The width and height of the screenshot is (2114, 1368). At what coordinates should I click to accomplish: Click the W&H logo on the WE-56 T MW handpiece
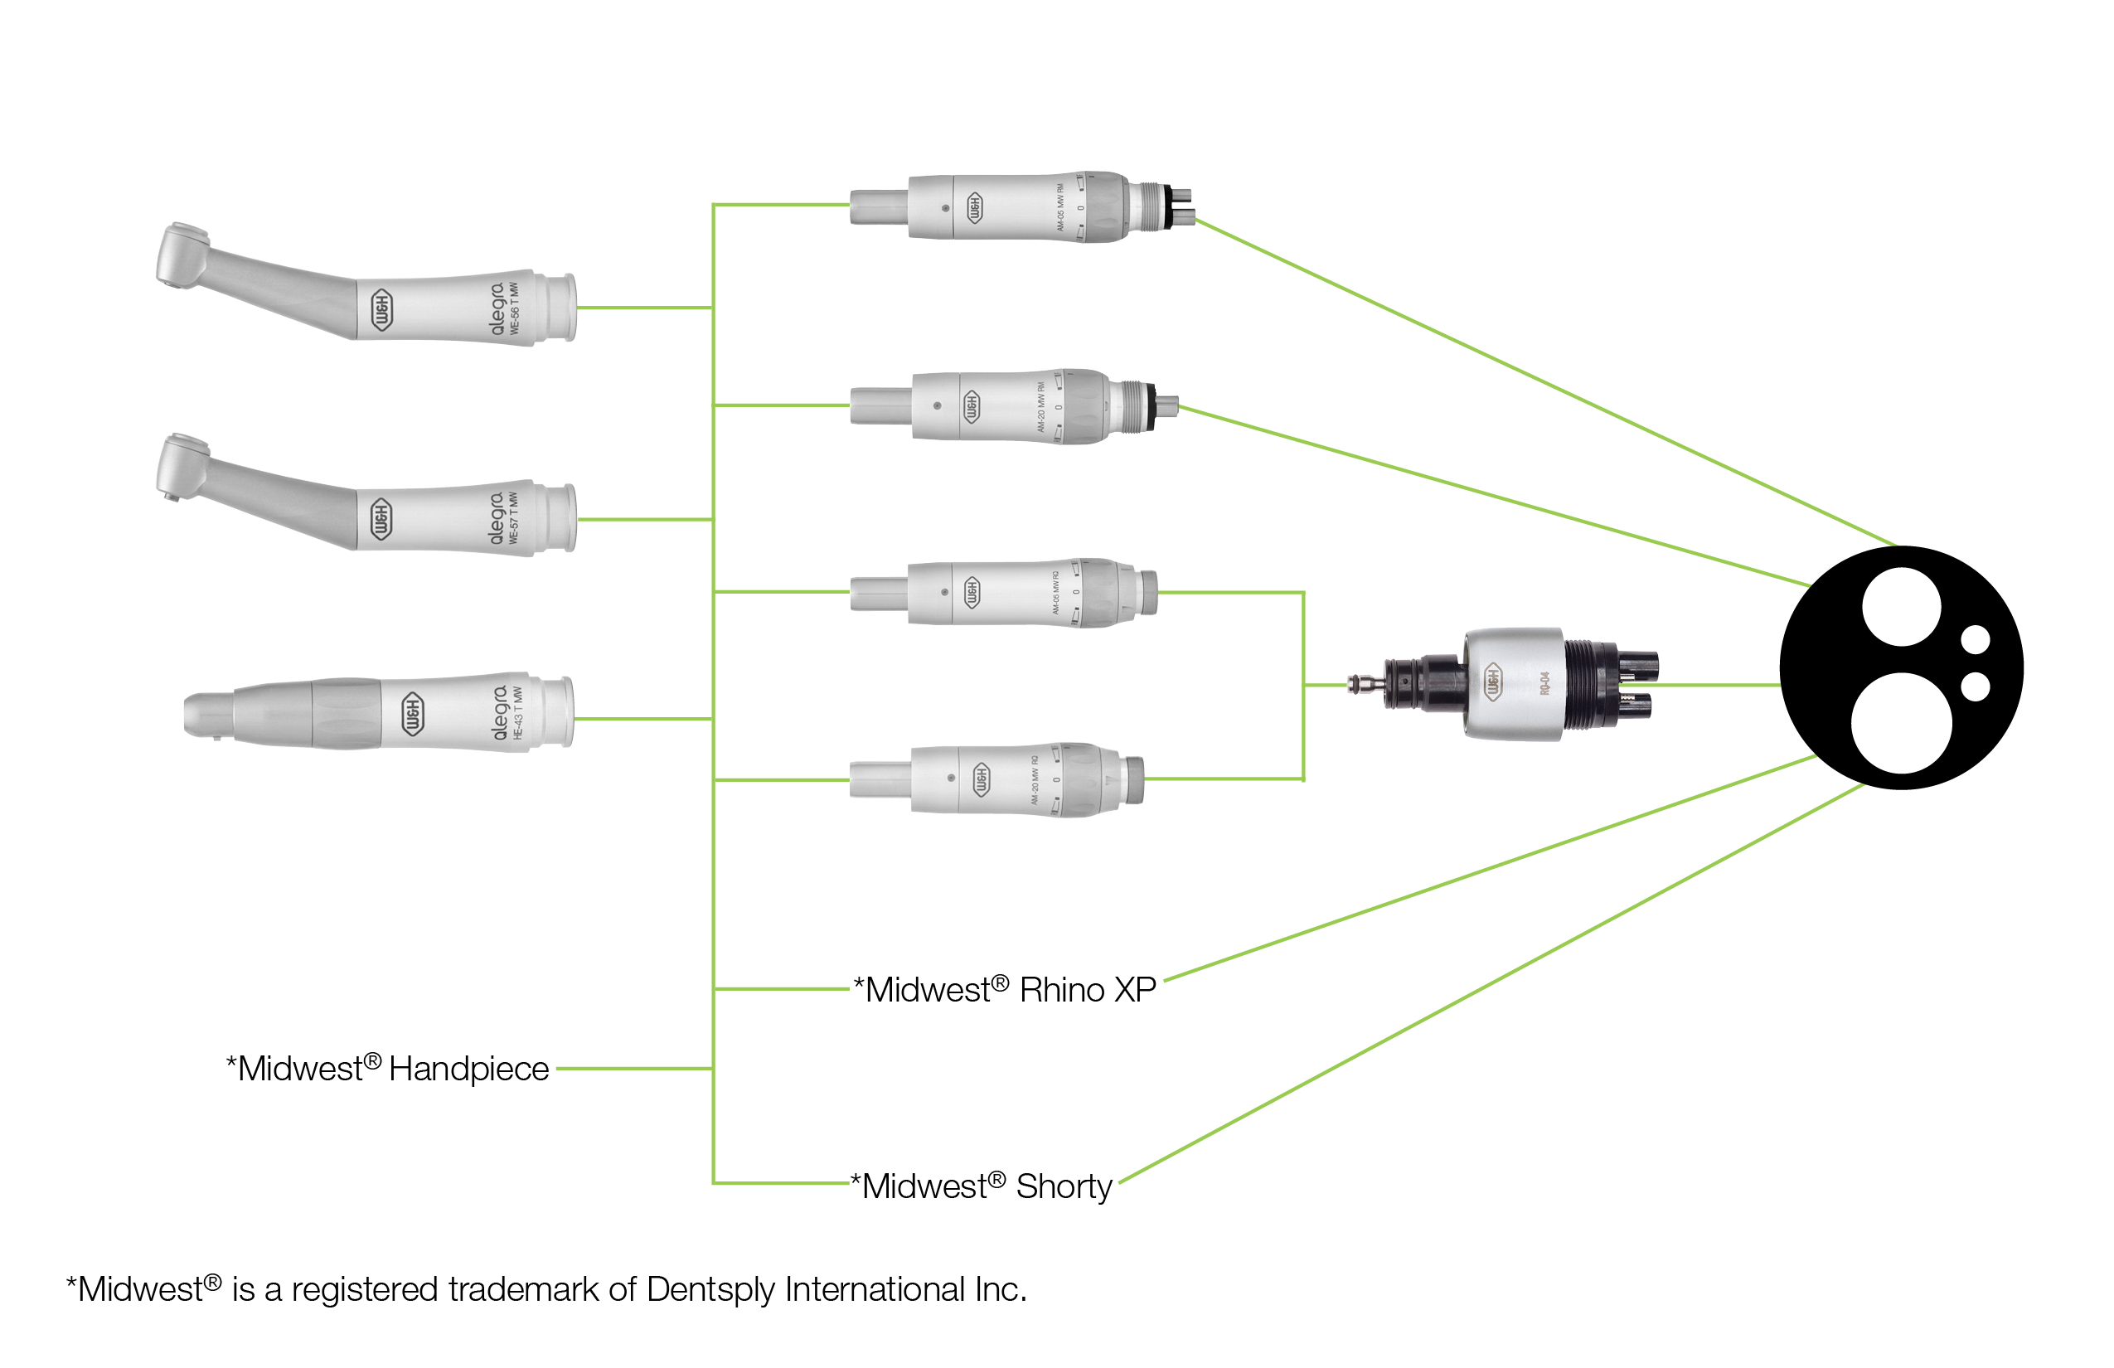click(x=381, y=310)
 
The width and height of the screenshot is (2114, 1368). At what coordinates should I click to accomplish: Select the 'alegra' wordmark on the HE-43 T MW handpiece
click(x=500, y=712)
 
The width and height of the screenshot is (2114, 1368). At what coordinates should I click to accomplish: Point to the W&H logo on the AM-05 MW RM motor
click(x=974, y=208)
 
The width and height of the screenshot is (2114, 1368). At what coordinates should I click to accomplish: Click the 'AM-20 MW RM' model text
click(x=1041, y=408)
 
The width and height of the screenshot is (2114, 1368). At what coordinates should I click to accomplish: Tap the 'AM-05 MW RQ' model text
click(x=1055, y=593)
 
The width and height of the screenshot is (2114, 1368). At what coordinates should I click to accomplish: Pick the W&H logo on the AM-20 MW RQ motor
click(x=981, y=780)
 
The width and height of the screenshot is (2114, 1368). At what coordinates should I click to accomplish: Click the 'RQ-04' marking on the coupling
click(x=1544, y=684)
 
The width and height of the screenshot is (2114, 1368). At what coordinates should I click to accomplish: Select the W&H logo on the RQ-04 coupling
click(x=1493, y=682)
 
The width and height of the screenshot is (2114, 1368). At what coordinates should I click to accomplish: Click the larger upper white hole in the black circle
click(x=1901, y=608)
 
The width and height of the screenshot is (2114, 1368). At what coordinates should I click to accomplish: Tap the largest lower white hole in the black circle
click(x=1901, y=723)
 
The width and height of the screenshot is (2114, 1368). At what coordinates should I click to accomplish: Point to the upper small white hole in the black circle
click(x=1976, y=639)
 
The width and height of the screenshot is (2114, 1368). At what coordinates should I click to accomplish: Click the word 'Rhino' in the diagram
click(x=1061, y=990)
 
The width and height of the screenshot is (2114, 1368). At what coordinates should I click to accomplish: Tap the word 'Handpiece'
click(x=468, y=1069)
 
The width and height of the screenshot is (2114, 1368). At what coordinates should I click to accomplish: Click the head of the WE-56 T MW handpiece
click(x=182, y=255)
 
